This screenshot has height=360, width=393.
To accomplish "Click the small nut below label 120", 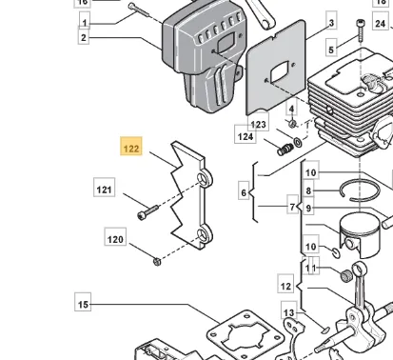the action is coord(157,262).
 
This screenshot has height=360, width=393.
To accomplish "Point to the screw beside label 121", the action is coord(147,212).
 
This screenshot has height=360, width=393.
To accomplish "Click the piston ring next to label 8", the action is coord(360,190).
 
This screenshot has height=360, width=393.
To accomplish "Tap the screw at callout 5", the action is coord(361,30).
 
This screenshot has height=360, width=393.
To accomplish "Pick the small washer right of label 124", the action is coord(298,142).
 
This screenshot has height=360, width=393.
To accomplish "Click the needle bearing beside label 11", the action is coord(346,275).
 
